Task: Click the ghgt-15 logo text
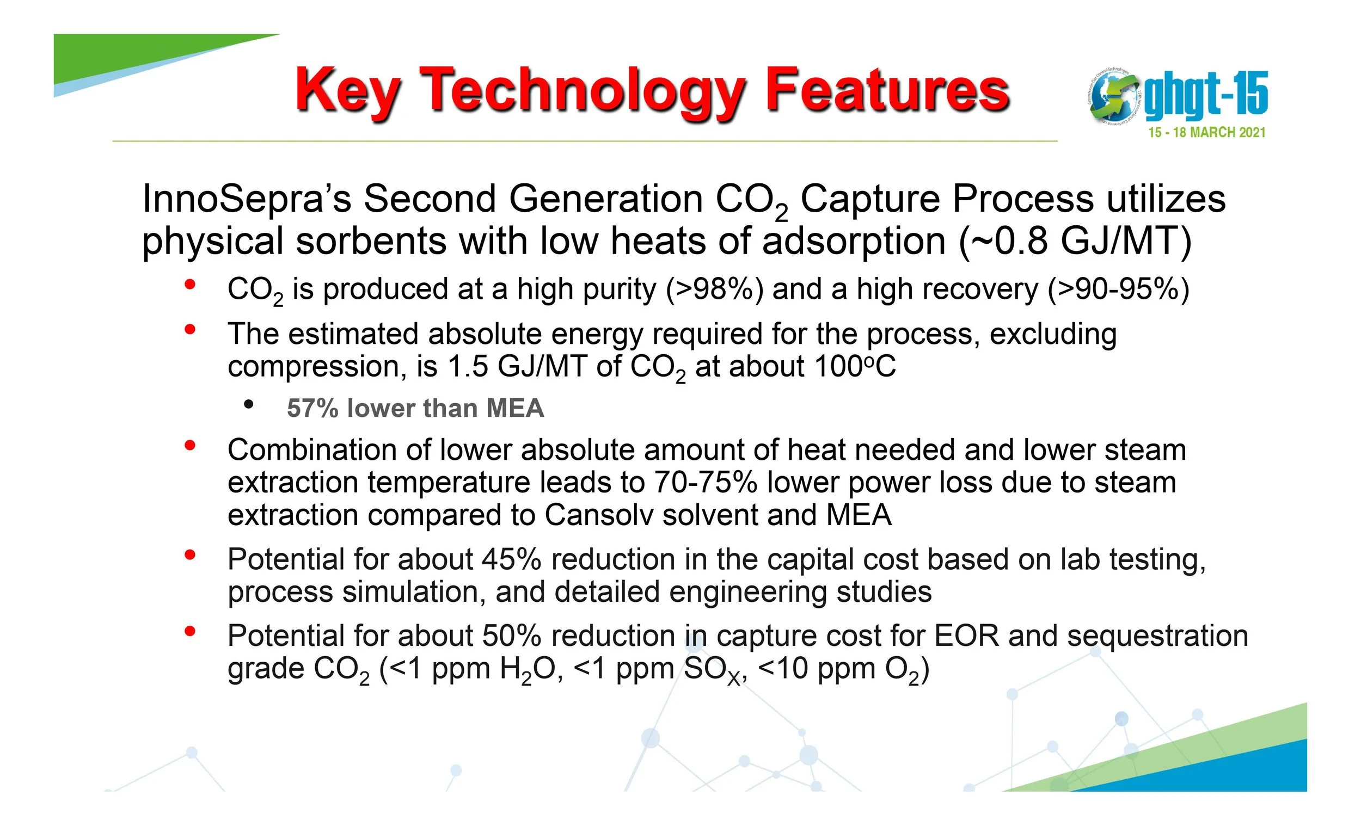[1206, 95]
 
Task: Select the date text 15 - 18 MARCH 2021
[1206, 133]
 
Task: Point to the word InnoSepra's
[247, 198]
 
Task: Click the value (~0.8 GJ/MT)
[1075, 241]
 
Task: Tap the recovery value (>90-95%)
[1119, 289]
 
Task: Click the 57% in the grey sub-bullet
[312, 409]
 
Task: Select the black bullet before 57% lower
[249, 405]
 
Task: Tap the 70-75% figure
[706, 482]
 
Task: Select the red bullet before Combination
[190, 445]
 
